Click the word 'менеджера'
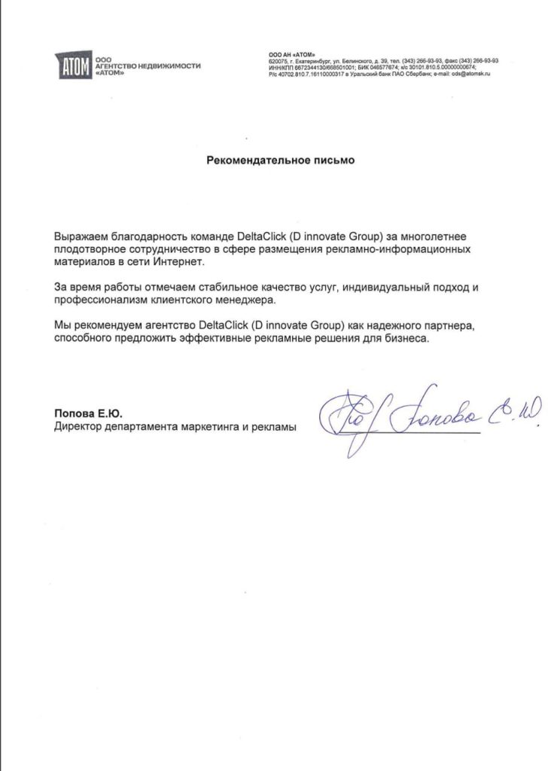250,300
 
